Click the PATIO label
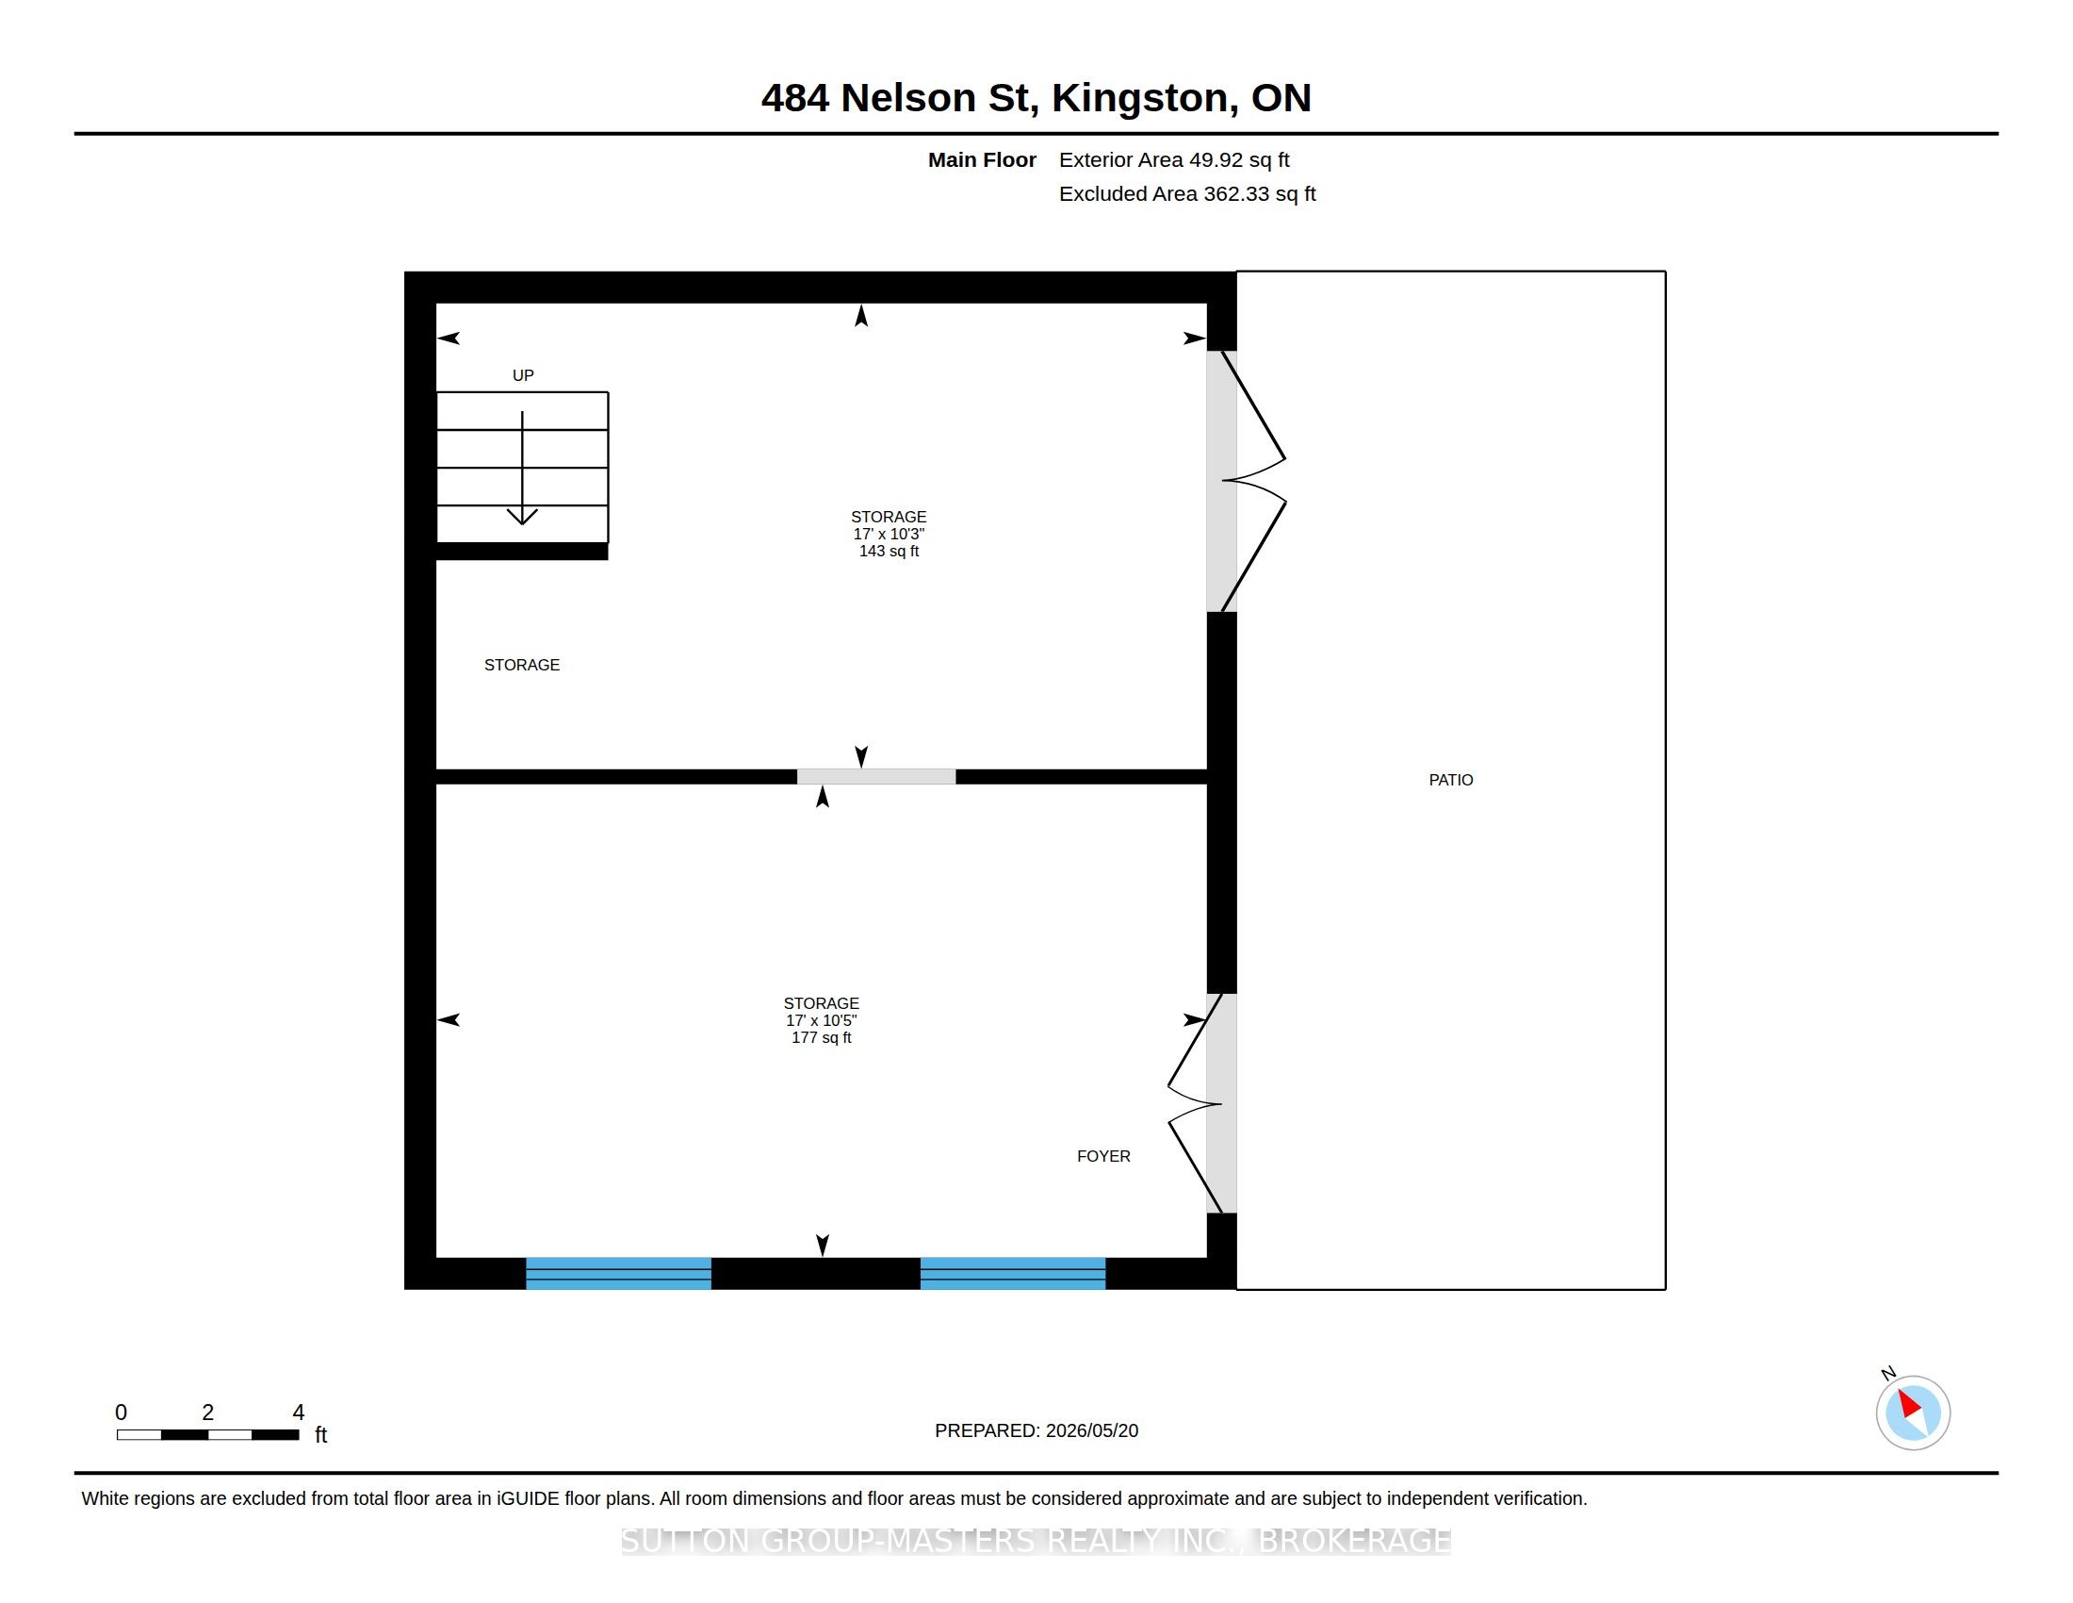[x=1450, y=780]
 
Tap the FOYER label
[x=1103, y=1156]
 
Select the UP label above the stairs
[x=523, y=375]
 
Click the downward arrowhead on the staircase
[x=522, y=517]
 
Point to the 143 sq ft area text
[x=889, y=551]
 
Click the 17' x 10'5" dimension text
[x=821, y=1020]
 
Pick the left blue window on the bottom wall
[x=618, y=1274]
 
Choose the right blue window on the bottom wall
[x=1013, y=1274]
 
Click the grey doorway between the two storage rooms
[x=876, y=777]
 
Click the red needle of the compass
[x=1909, y=1405]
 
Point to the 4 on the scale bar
[x=298, y=1413]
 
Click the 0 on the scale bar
[x=121, y=1413]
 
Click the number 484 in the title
[x=795, y=98]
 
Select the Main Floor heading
[x=982, y=159]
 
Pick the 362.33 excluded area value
[x=1237, y=193]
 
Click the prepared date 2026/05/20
[x=1089, y=1430]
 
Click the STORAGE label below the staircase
[x=522, y=665]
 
